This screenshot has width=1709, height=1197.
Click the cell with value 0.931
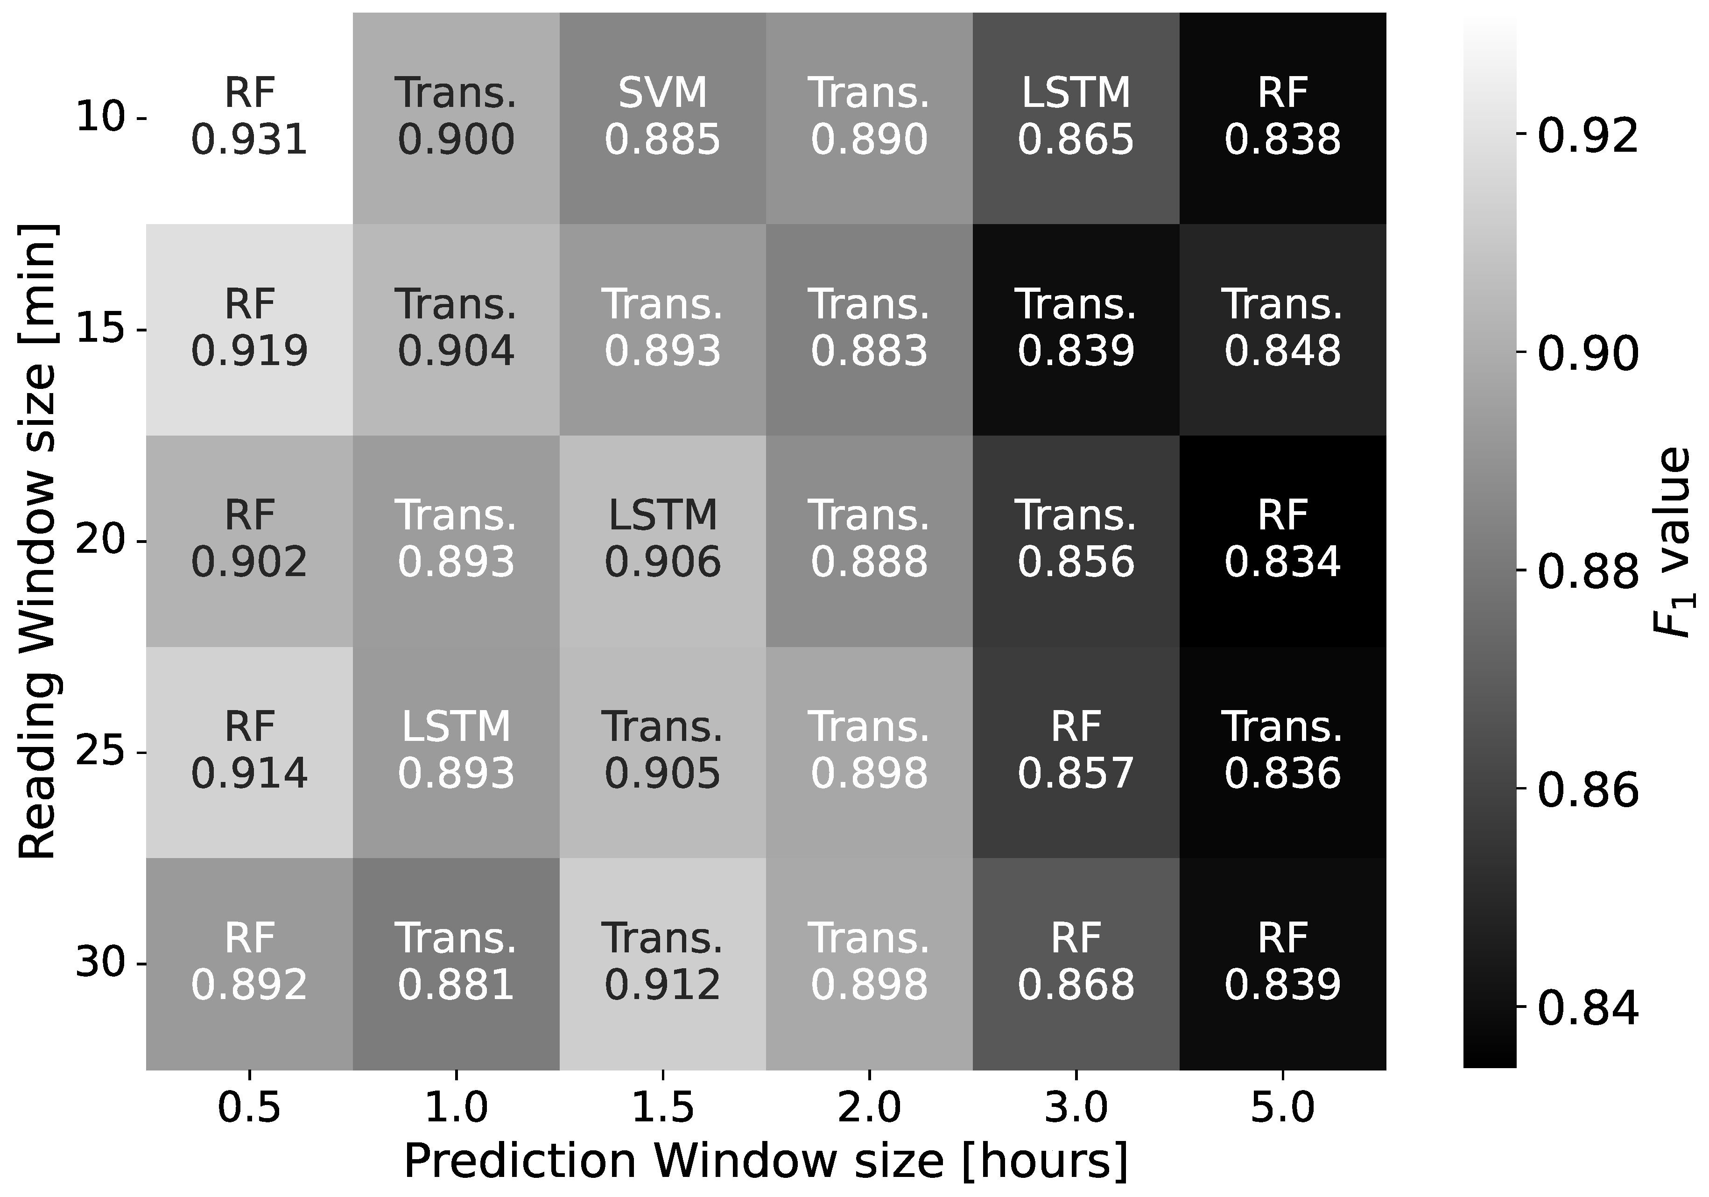(x=249, y=118)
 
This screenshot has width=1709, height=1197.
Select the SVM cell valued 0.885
(x=662, y=118)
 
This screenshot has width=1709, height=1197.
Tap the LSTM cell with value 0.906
(x=662, y=541)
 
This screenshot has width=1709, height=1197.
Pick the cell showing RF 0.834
(x=1282, y=541)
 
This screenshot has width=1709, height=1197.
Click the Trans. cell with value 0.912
(x=662, y=963)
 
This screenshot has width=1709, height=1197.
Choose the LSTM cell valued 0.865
(x=1076, y=118)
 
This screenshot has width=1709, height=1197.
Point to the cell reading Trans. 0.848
(x=1282, y=329)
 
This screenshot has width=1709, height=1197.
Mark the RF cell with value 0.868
(x=1076, y=963)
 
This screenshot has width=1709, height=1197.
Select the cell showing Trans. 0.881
(x=456, y=963)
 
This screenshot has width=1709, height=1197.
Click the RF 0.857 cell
(x=1076, y=752)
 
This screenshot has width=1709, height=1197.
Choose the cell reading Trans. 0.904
(x=456, y=329)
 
